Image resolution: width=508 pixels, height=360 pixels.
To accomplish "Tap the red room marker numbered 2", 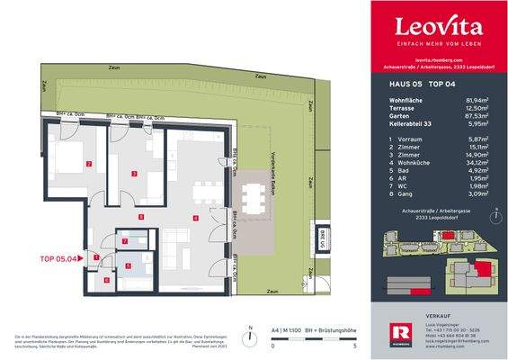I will pyautogui.click(x=89, y=164).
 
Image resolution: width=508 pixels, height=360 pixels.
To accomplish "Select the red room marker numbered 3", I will pyautogui.click(x=134, y=173).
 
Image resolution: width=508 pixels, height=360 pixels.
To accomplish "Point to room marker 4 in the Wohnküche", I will pyautogui.click(x=194, y=218).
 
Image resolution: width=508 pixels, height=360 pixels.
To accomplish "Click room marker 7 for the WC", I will pyautogui.click(x=126, y=241).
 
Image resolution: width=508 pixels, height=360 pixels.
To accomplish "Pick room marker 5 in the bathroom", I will pyautogui.click(x=128, y=265).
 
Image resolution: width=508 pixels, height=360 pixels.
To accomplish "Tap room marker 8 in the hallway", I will pyautogui.click(x=140, y=217).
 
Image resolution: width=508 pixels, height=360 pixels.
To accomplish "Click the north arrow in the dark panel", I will pyautogui.click(x=493, y=216).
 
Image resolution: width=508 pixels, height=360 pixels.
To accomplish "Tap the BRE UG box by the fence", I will pyautogui.click(x=322, y=239).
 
